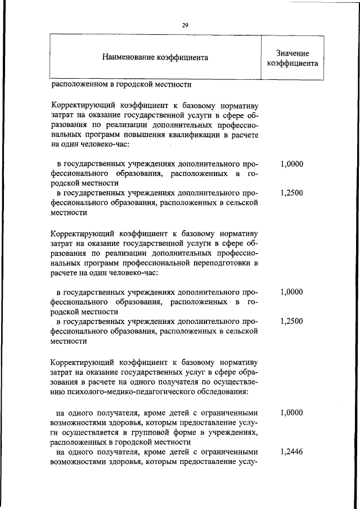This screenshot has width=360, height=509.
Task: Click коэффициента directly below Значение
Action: pos(292,63)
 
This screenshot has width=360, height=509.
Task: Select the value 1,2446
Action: pos(291,451)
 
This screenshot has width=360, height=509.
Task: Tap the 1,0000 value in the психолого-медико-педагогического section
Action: pos(291,412)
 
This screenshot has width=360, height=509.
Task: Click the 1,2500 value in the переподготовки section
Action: pos(291,321)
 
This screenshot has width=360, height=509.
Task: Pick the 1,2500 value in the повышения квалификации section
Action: pos(291,193)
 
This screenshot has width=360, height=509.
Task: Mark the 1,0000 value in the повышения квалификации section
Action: pos(291,164)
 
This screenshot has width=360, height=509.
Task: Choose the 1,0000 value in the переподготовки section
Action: pos(291,292)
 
